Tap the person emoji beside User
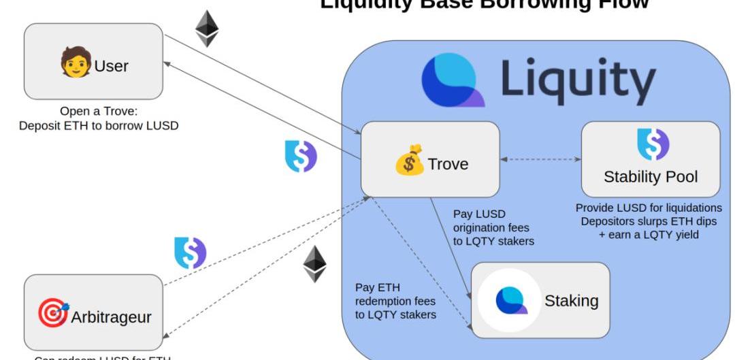point(76,62)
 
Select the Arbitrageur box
point(93,312)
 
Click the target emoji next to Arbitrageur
point(53,314)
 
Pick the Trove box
point(430,159)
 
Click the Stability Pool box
point(650,159)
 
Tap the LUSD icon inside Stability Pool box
point(653,144)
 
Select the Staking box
point(540,300)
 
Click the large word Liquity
point(578,81)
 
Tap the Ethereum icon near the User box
point(207,28)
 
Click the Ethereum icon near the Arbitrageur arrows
point(314,264)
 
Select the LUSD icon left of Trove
point(300,156)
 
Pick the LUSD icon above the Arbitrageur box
point(190,252)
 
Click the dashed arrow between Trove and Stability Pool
point(540,159)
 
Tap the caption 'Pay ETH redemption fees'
point(395,300)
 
